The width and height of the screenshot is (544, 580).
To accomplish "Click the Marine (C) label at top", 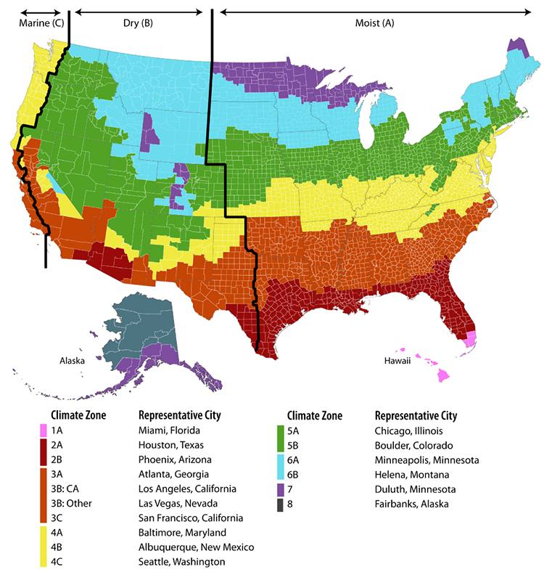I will (41, 23).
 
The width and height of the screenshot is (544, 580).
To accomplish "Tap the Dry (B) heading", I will (138, 23).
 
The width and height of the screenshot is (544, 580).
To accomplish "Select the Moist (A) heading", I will (374, 23).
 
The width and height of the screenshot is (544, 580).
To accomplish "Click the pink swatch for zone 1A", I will (43, 430).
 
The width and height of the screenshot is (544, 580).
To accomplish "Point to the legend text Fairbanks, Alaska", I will (411, 503).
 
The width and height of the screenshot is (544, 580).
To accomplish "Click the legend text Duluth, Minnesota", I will (413, 489).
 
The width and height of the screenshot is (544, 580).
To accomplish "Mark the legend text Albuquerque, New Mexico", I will (196, 547).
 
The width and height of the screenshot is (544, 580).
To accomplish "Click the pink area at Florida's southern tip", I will (471, 338).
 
